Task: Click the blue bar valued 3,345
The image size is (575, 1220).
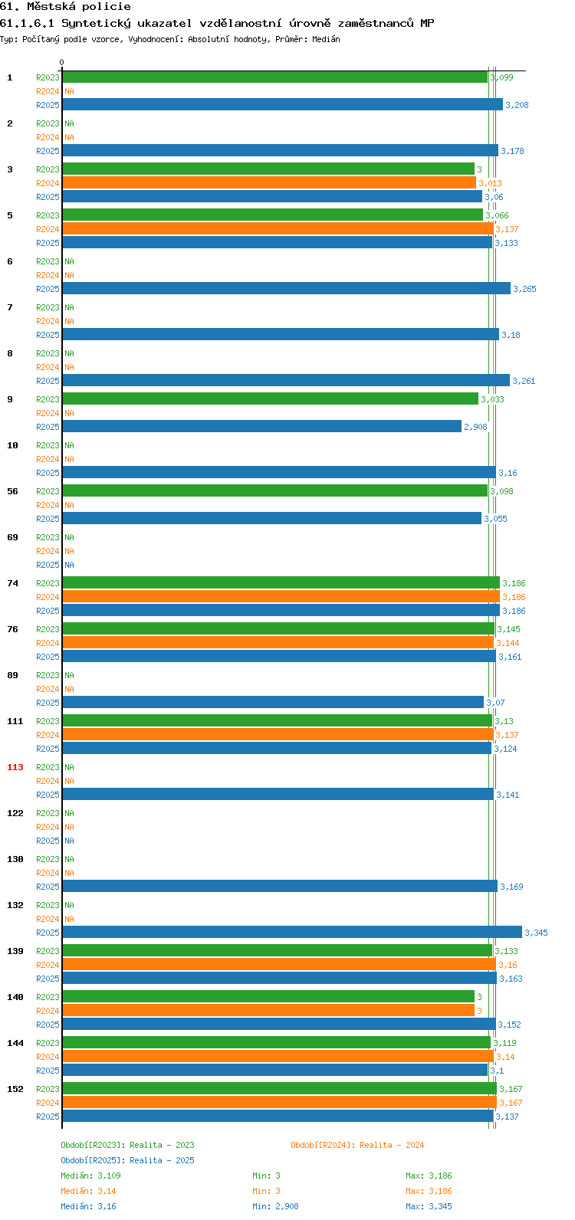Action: point(292,932)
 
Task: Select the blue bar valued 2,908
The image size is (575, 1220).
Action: point(262,426)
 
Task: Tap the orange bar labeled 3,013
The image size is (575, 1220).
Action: point(269,183)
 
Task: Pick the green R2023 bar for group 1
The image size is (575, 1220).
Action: point(275,77)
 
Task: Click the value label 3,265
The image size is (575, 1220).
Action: point(524,289)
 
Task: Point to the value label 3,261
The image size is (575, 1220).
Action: point(524,382)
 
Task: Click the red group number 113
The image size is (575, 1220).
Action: point(15,767)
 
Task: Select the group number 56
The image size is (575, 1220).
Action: point(12,491)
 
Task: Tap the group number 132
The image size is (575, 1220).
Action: point(15,905)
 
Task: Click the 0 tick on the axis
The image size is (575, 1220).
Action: point(61,62)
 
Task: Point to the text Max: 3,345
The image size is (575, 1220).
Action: point(429,1206)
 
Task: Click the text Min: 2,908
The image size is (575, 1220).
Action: point(275,1206)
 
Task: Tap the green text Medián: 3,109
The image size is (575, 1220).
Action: point(90,1176)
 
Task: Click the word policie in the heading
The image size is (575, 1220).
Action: point(107,7)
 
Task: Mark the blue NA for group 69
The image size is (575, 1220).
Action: point(69,566)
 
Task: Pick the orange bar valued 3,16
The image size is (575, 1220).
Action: point(279,965)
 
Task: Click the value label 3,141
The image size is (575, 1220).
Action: point(508,795)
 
